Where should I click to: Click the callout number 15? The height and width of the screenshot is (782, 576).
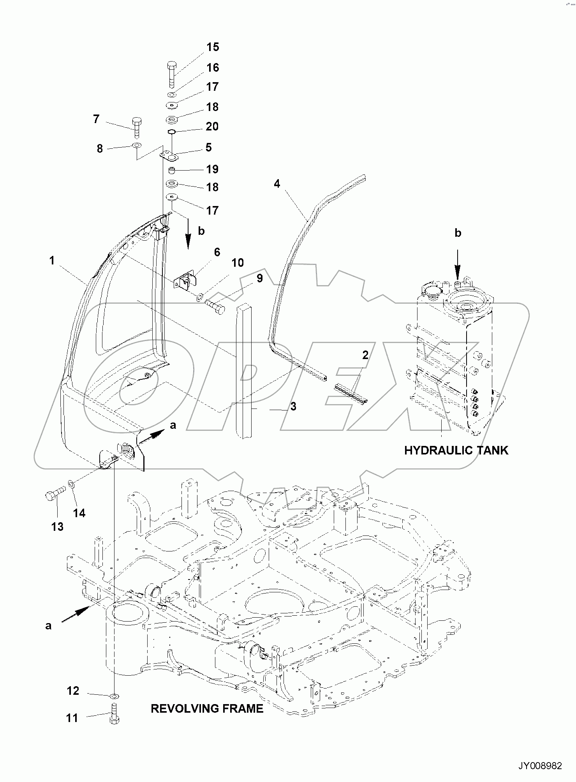point(213,47)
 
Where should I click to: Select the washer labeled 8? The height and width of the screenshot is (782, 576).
point(136,146)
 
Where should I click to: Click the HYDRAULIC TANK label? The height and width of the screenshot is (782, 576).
point(456,451)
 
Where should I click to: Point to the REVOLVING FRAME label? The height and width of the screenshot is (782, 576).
point(207,708)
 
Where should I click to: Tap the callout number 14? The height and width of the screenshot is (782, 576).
point(79,513)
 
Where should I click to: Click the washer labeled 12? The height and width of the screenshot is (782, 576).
point(114,695)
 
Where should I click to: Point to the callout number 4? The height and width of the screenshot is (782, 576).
point(277,183)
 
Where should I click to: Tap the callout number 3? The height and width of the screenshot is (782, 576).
point(293,406)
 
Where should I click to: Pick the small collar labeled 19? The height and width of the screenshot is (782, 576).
point(172,170)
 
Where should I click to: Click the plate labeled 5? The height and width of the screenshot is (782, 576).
point(169,156)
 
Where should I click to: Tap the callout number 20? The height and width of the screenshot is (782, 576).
point(212,126)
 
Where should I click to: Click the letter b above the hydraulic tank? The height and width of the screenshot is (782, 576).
point(458,233)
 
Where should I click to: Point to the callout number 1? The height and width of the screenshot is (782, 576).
point(52,261)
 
